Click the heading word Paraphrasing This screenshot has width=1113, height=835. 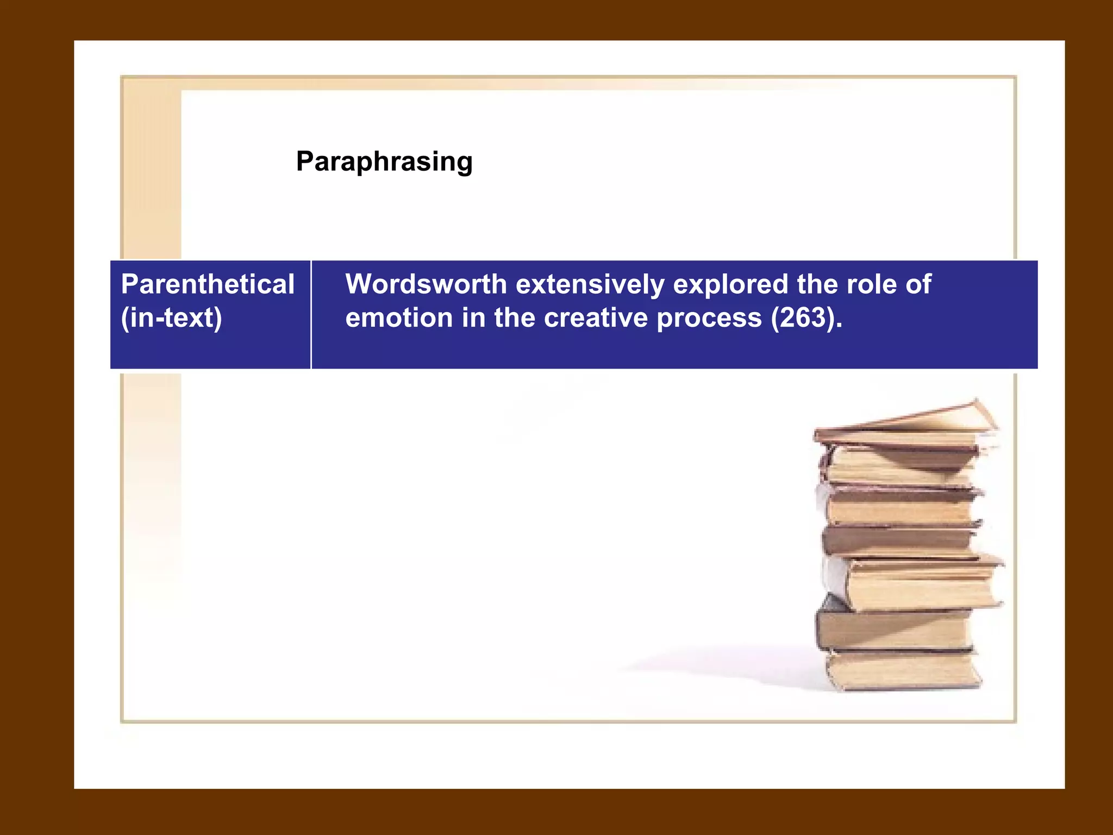[x=384, y=162]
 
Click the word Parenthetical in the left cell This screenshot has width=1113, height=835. [x=208, y=284]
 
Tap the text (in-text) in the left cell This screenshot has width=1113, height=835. [x=171, y=318]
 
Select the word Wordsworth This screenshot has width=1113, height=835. [x=426, y=284]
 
